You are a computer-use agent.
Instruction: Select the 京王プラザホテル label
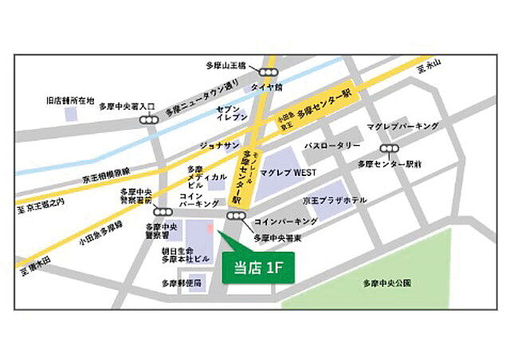pos(335,200)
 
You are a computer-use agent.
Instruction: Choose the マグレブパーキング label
pos(403,127)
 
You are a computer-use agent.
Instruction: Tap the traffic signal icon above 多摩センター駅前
pos(390,148)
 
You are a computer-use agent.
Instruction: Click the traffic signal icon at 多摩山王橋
pos(272,72)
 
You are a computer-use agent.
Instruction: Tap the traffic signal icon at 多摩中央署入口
pos(148,119)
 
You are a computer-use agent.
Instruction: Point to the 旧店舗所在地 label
pos(70,101)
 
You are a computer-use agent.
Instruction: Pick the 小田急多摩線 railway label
pos(101,232)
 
